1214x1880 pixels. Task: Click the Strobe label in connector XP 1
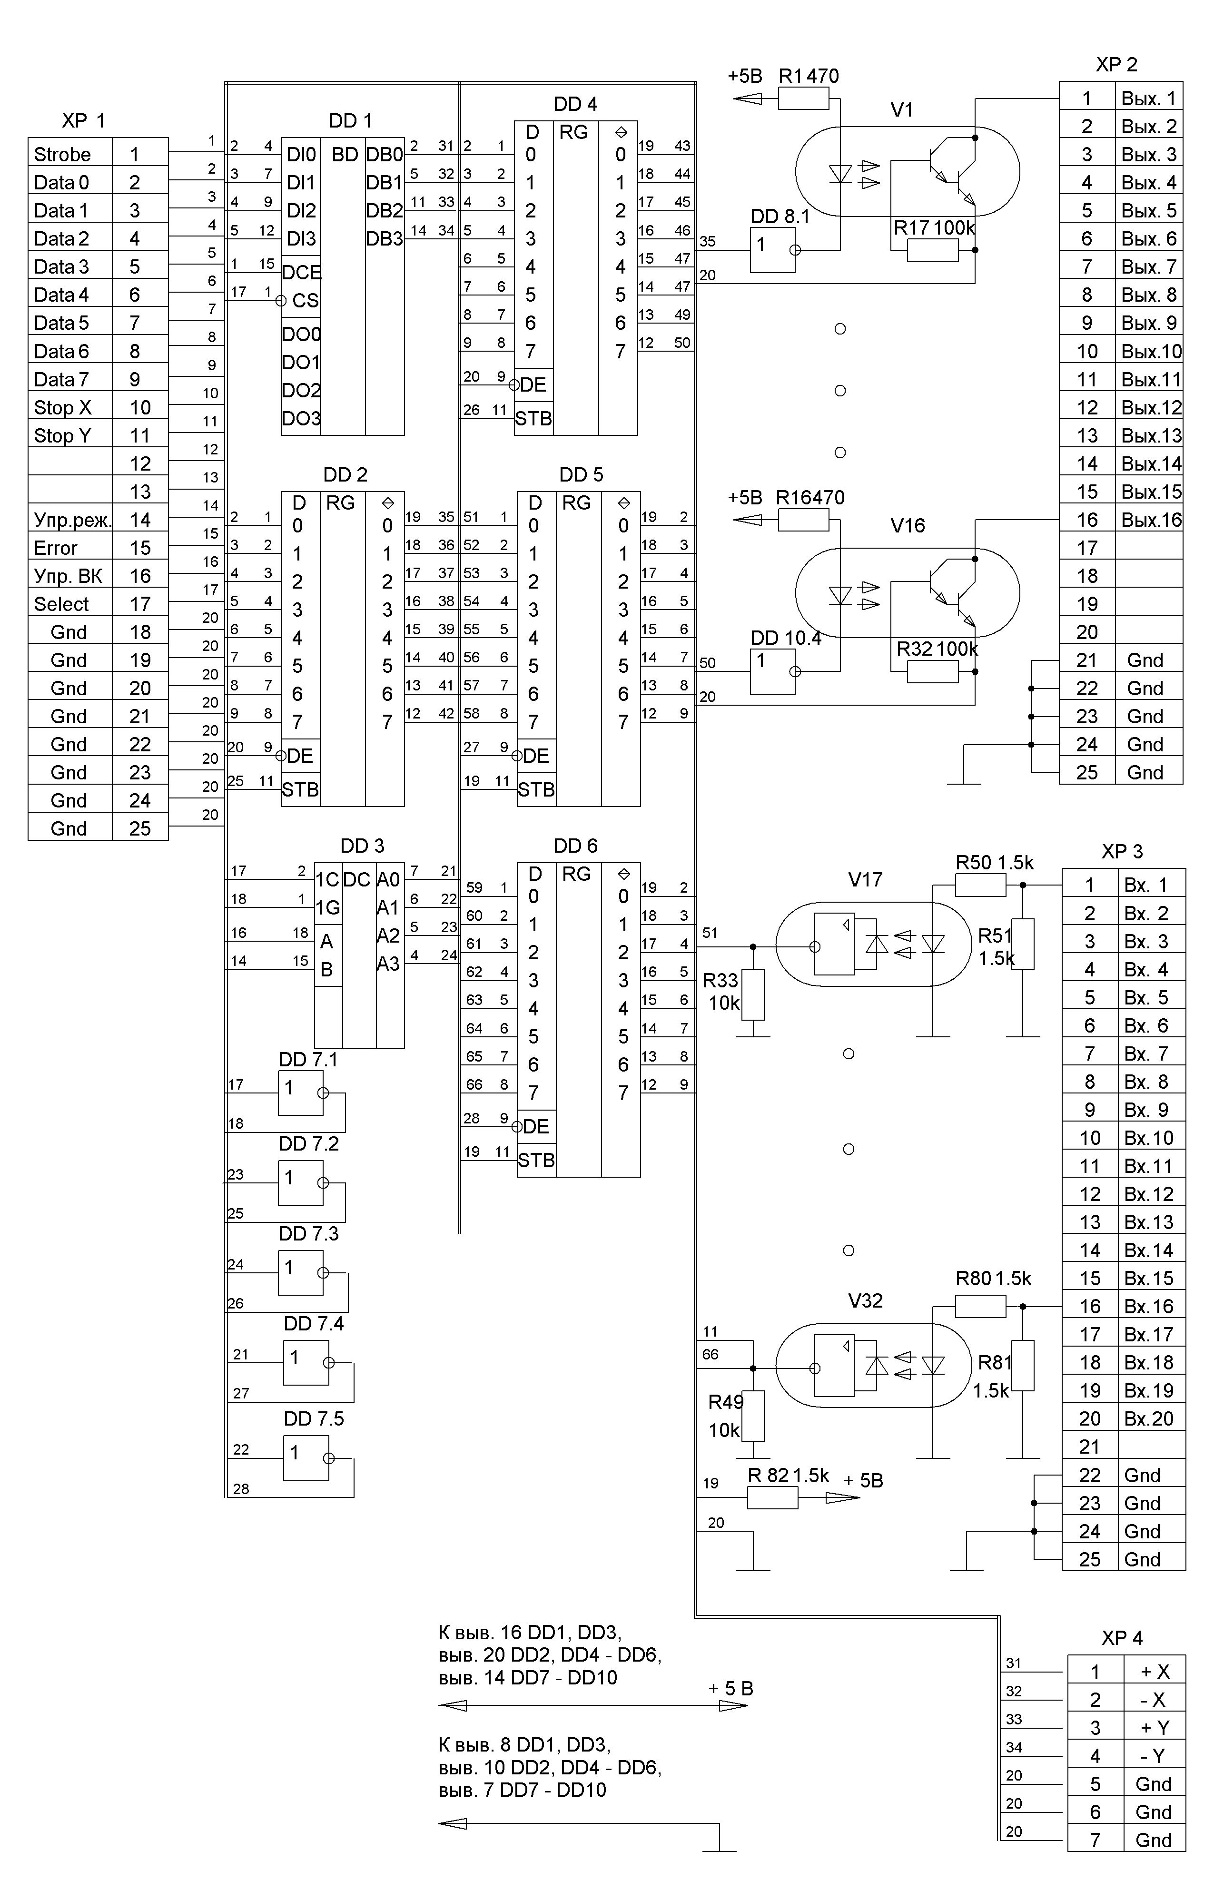[62, 155]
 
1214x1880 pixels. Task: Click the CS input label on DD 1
[305, 300]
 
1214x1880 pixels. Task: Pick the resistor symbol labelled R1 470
[803, 98]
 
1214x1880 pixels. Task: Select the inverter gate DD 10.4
[772, 671]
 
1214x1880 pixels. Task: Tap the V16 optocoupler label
[908, 525]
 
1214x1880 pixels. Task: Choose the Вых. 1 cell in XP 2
[1149, 98]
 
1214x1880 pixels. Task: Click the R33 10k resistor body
[754, 995]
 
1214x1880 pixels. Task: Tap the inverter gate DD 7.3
[300, 1273]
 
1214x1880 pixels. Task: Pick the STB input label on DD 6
[536, 1161]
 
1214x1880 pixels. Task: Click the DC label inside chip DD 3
[357, 880]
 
